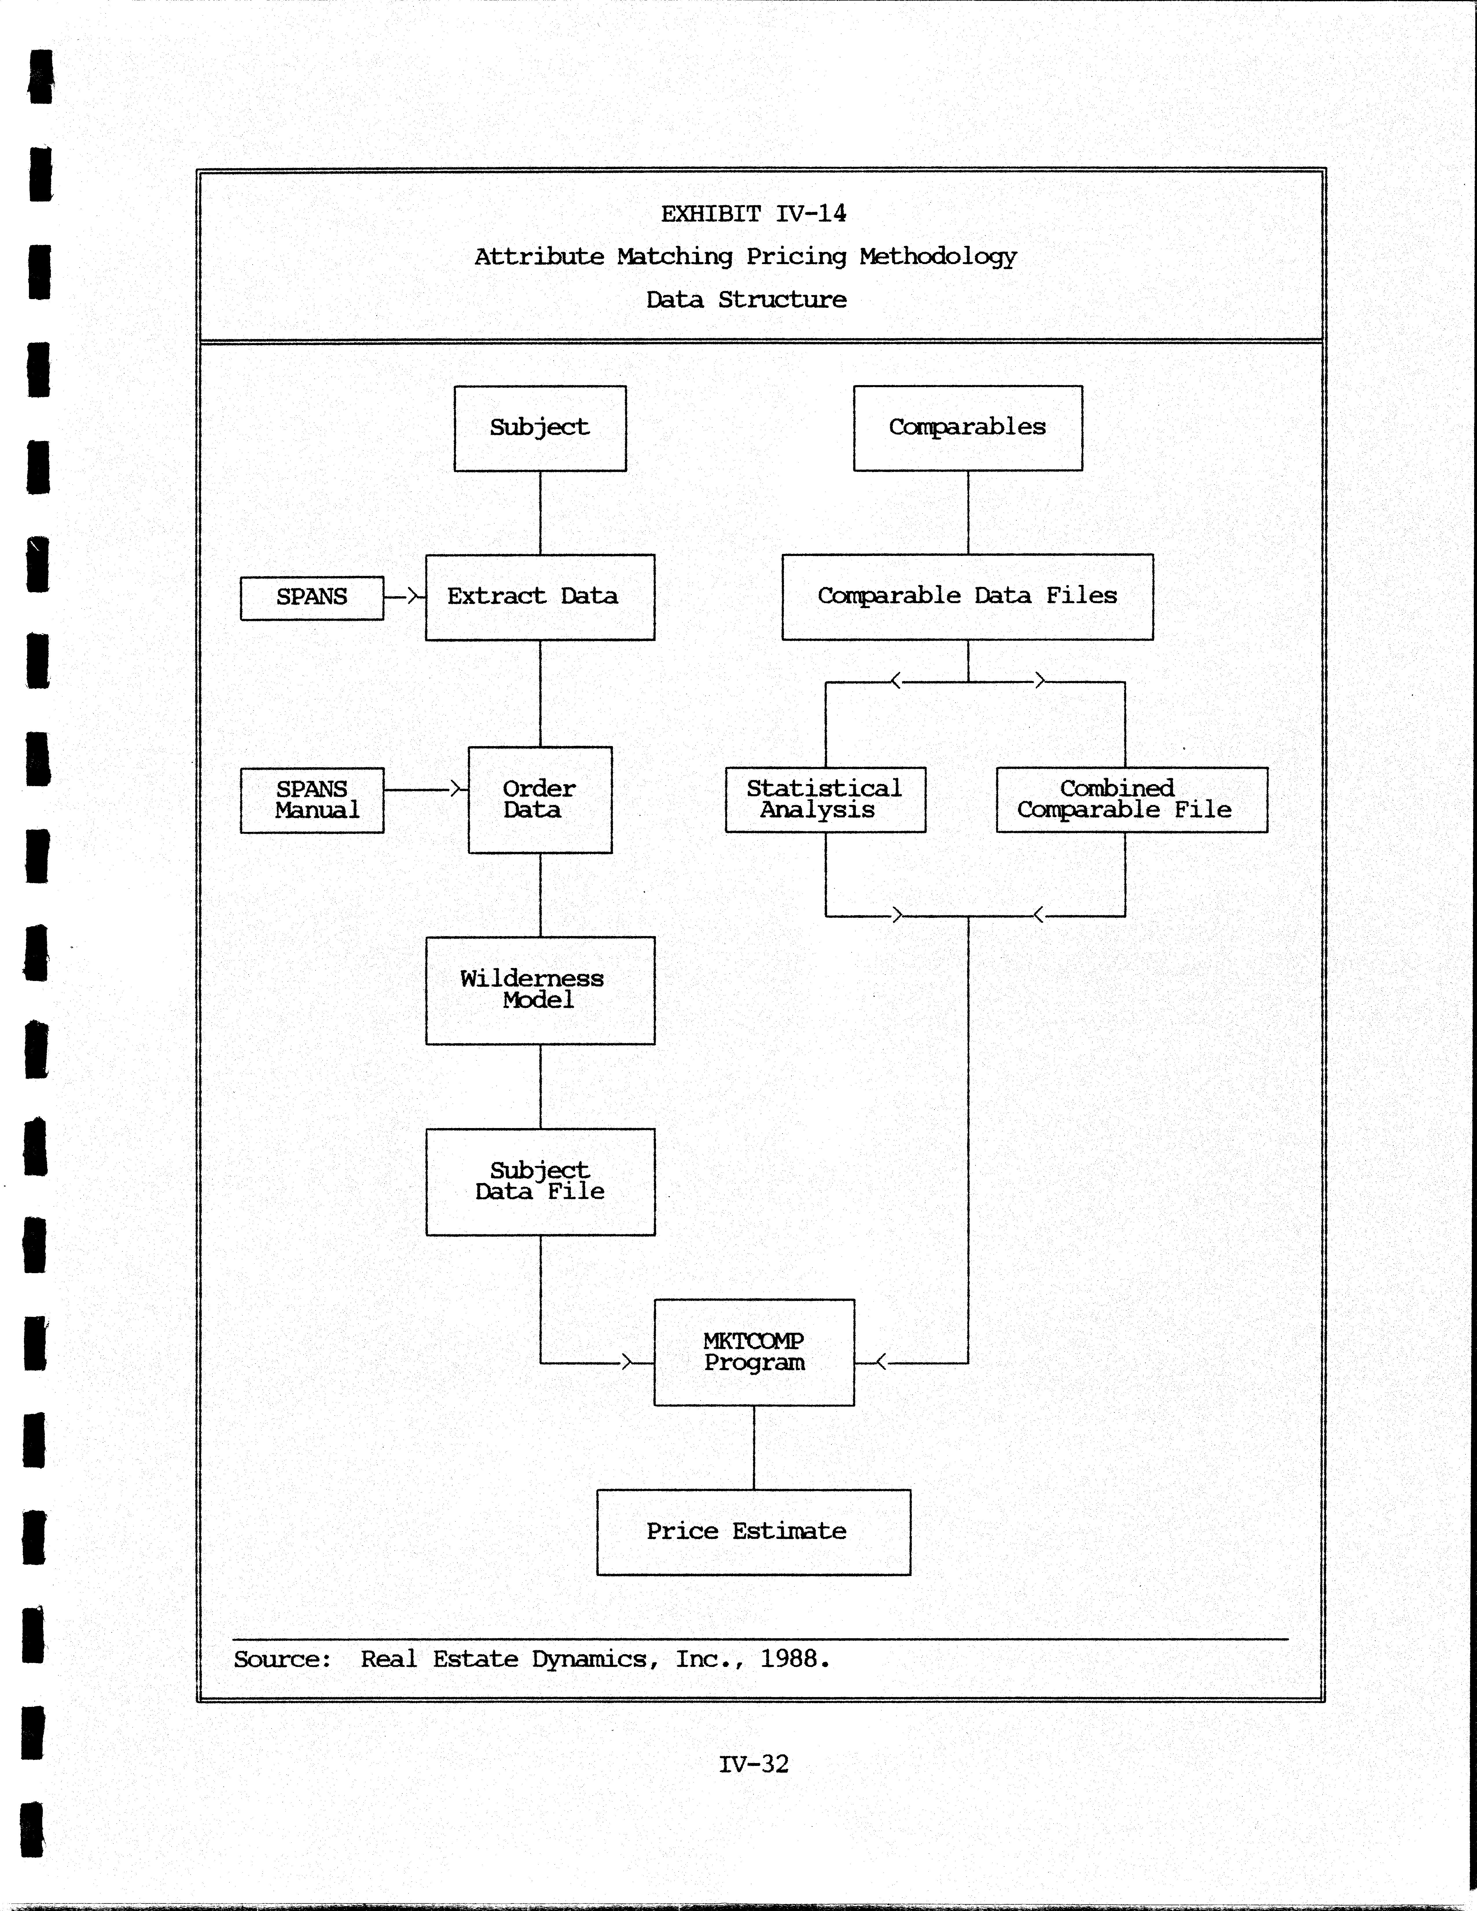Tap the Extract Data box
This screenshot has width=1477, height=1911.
click(540, 597)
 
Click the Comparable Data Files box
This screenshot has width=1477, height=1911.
click(967, 597)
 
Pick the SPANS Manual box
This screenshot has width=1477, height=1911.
click(312, 800)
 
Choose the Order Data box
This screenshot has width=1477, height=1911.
click(540, 800)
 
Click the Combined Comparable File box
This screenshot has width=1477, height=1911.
click(1131, 800)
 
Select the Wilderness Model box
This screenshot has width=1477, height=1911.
click(540, 991)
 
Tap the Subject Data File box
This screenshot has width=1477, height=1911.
click(540, 1181)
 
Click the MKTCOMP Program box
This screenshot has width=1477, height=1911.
click(754, 1352)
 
